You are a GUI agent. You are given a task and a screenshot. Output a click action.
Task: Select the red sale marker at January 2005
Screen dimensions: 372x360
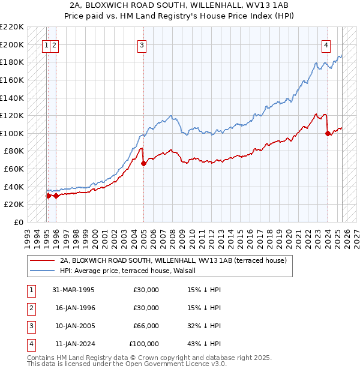click(143, 163)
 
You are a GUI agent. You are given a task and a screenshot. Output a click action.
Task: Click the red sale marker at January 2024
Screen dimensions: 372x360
click(328, 134)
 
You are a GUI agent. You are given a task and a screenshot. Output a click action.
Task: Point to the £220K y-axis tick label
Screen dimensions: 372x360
click(12, 27)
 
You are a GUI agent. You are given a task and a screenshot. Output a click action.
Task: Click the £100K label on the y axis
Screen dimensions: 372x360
click(12, 133)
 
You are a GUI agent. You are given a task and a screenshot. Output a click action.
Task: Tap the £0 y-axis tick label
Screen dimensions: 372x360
click(17, 222)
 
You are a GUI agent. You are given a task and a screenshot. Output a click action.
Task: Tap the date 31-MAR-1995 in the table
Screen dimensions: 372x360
click(73, 290)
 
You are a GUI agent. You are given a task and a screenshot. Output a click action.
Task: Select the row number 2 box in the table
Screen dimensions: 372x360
click(31, 308)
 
